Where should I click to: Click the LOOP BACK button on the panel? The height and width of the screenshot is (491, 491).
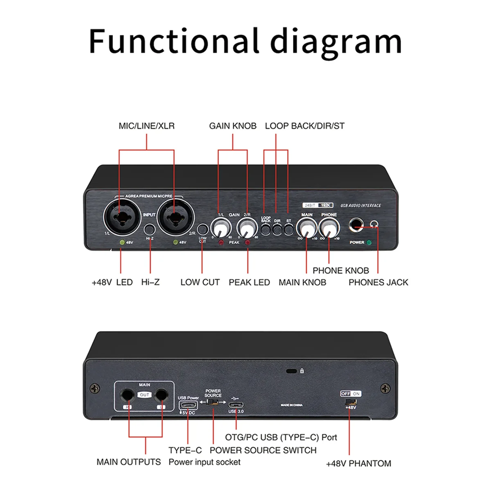click(x=266, y=230)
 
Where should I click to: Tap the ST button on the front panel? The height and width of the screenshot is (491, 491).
click(x=289, y=230)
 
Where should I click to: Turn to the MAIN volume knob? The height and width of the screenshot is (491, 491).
click(x=306, y=227)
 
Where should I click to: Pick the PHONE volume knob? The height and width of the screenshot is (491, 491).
click(x=329, y=227)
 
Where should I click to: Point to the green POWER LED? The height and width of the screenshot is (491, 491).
click(x=369, y=243)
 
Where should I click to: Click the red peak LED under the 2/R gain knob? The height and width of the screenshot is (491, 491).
click(x=248, y=243)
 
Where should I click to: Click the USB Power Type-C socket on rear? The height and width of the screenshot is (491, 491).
click(x=188, y=405)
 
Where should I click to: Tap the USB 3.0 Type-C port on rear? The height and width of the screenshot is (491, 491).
click(x=236, y=405)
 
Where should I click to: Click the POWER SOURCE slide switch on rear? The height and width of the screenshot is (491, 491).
click(x=213, y=402)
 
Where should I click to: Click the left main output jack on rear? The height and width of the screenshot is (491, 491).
click(x=128, y=395)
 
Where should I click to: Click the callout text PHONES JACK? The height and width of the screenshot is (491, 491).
click(x=378, y=282)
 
